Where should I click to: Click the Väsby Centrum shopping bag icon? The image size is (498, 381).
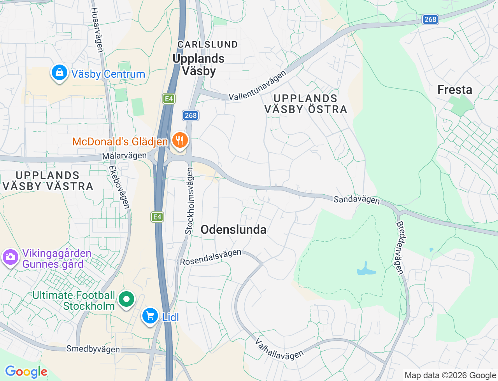pos(59,73)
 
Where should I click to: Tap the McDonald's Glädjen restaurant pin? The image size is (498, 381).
pos(179,140)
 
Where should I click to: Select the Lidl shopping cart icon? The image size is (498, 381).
pos(150,316)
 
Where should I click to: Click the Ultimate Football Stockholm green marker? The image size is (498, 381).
pos(126,299)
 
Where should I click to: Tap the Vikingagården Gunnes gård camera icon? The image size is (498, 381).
pos(10,257)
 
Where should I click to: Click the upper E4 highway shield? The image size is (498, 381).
pos(168,99)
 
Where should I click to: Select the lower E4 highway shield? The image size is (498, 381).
pos(157,217)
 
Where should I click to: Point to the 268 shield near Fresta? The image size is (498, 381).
pos(430,19)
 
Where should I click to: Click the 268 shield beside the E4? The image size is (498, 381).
pos(191,115)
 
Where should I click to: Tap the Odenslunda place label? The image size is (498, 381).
pos(233,230)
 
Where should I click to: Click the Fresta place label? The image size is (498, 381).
pos(454,90)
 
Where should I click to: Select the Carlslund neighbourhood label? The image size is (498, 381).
pos(207,45)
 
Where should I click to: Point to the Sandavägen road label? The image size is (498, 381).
pos(356,199)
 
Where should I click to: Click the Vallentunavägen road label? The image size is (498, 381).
pos(257,86)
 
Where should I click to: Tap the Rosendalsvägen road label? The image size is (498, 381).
pos(210,257)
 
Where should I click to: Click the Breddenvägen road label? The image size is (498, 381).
pos(400,248)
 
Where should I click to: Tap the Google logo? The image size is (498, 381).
pos(26,372)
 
